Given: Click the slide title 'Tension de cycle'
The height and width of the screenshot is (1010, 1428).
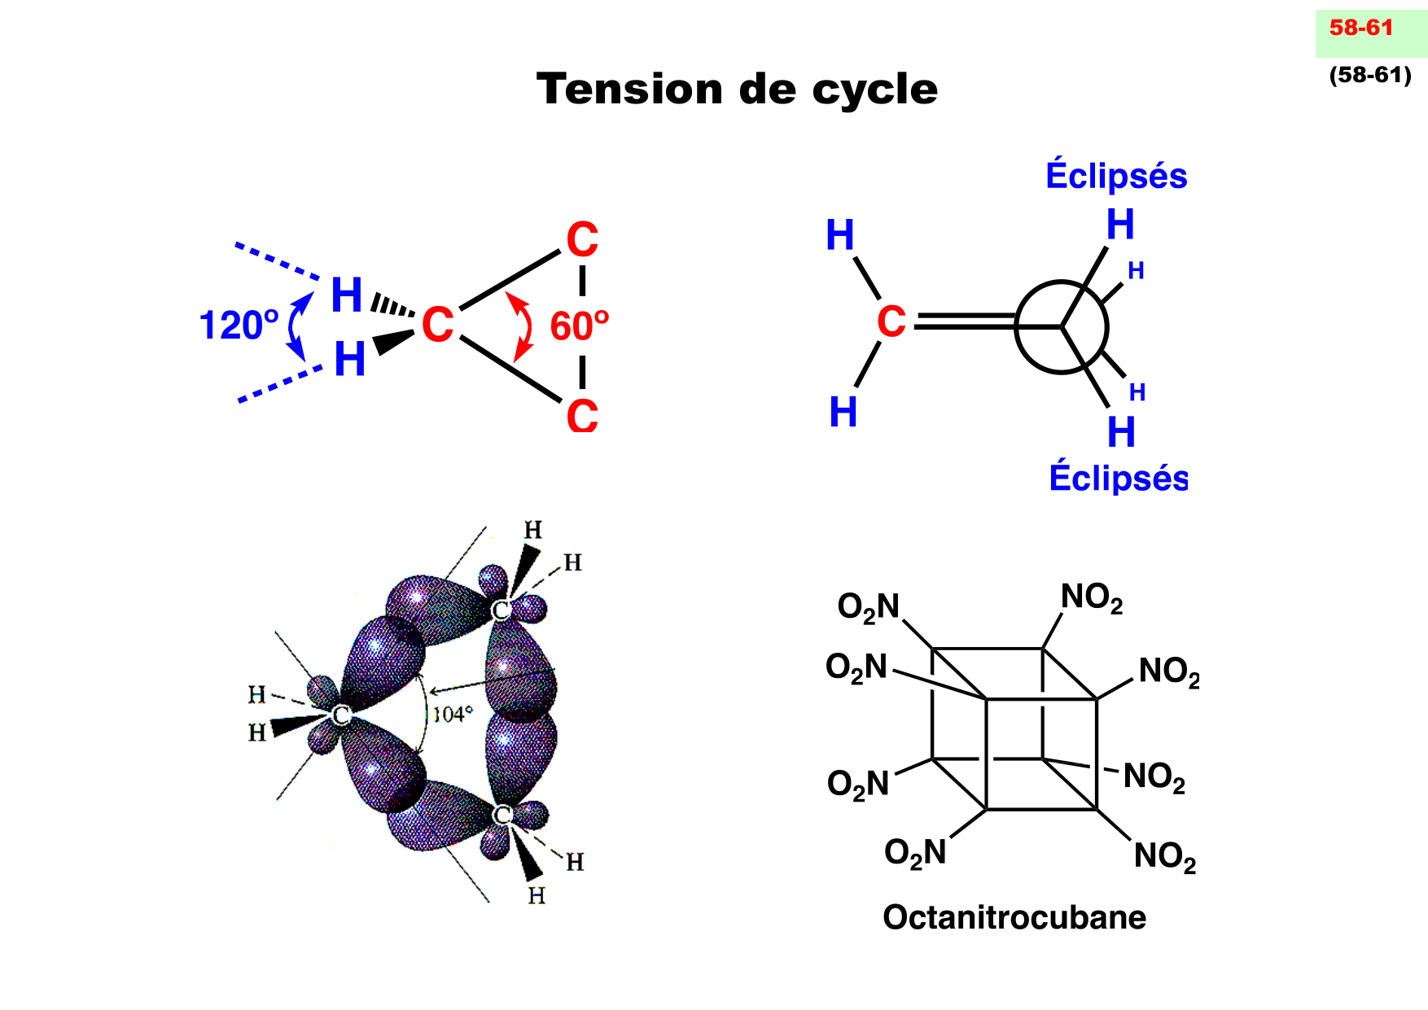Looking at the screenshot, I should (x=737, y=89).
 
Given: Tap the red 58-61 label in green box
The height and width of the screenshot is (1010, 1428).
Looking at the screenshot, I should (x=1361, y=28).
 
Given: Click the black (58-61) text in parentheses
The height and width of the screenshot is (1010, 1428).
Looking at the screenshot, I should (x=1370, y=75).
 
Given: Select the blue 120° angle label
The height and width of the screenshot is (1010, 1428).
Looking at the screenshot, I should (x=239, y=326).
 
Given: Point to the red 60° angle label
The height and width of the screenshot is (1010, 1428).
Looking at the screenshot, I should (x=579, y=326).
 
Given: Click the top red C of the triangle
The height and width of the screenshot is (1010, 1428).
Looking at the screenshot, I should (x=582, y=240).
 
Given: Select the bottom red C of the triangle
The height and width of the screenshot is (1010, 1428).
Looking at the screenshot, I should (x=582, y=416).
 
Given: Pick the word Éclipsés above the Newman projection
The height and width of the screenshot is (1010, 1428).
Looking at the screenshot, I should (x=1116, y=176).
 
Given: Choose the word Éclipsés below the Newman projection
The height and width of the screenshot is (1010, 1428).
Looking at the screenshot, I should (x=1118, y=478).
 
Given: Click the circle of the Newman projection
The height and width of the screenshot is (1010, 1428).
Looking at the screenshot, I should (x=1061, y=327).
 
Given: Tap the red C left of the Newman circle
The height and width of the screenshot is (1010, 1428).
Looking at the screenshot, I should (x=891, y=321).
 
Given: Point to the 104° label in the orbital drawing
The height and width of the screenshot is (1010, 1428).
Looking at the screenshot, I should (x=453, y=715).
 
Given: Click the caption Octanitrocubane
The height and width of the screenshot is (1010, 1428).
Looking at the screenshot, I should (x=1014, y=917).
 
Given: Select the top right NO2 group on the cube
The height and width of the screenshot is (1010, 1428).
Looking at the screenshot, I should (x=1092, y=598).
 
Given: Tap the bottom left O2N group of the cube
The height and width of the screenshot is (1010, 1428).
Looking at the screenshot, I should (x=915, y=853).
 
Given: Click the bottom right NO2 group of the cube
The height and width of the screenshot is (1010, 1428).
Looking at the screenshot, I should (x=1165, y=856).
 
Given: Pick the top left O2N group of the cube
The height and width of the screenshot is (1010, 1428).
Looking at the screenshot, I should (x=869, y=607).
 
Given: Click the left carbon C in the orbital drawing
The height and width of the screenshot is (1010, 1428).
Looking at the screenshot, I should (x=341, y=715).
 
